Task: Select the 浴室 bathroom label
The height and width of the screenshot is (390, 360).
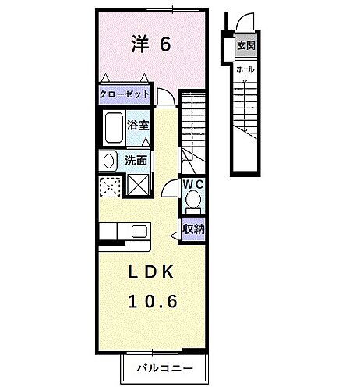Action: [x=139, y=124]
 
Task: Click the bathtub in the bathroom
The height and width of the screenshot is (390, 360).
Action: [x=113, y=127]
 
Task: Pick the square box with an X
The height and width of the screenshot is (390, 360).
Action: [x=139, y=186]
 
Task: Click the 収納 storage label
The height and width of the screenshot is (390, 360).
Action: [x=193, y=229]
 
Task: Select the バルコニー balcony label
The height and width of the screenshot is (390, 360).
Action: [x=164, y=366]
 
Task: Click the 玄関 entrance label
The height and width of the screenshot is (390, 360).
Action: [x=245, y=44]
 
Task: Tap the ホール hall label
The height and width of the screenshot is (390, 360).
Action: [x=245, y=69]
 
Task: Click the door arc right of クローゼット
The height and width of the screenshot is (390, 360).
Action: [x=165, y=96]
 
